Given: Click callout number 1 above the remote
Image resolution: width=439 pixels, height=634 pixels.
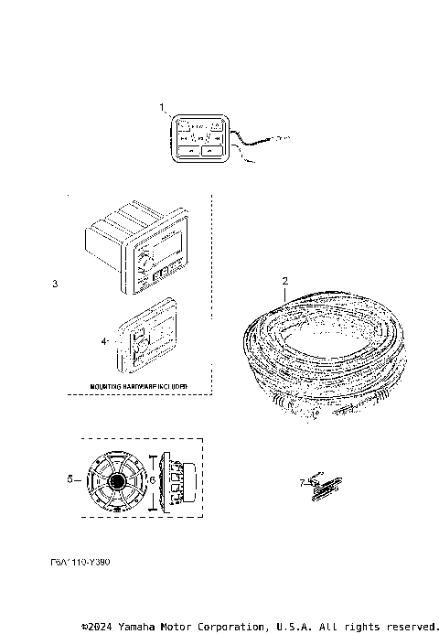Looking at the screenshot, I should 163,108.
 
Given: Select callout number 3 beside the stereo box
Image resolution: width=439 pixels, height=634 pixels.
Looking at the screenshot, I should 55,285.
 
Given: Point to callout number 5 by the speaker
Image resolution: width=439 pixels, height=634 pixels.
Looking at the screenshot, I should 70,478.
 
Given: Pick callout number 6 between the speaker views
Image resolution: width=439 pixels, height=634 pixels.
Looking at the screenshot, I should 152,478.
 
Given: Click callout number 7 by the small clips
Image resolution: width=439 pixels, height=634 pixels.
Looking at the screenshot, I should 303,480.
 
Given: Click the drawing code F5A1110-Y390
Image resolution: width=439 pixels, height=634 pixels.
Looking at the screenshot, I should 81,565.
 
